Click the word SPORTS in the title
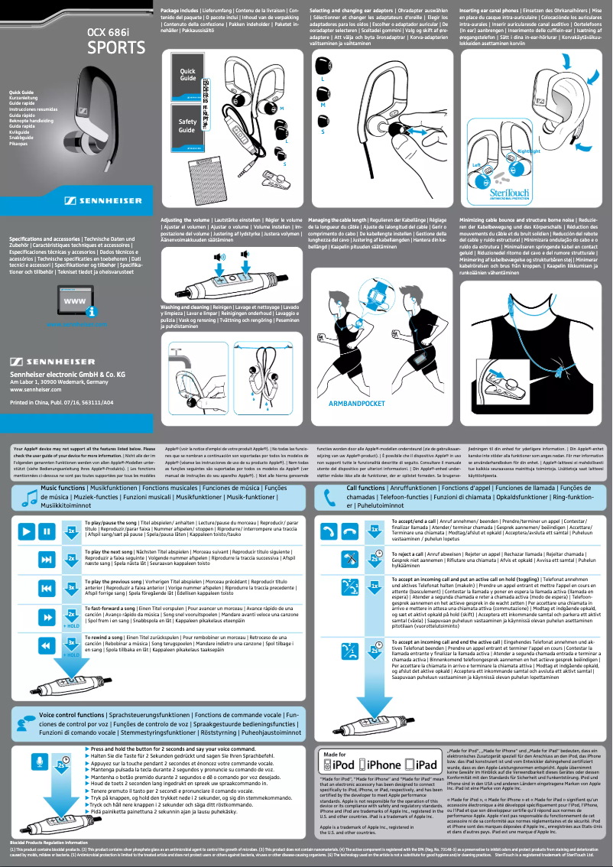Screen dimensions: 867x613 pyautogui.click(x=114, y=48)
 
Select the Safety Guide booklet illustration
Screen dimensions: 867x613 pyautogui.click(x=187, y=126)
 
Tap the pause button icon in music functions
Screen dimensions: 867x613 pyautogui.click(x=47, y=531)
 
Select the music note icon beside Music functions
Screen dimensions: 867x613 pyautogui.click(x=30, y=497)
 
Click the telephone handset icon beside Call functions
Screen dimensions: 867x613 pyautogui.click(x=329, y=497)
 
